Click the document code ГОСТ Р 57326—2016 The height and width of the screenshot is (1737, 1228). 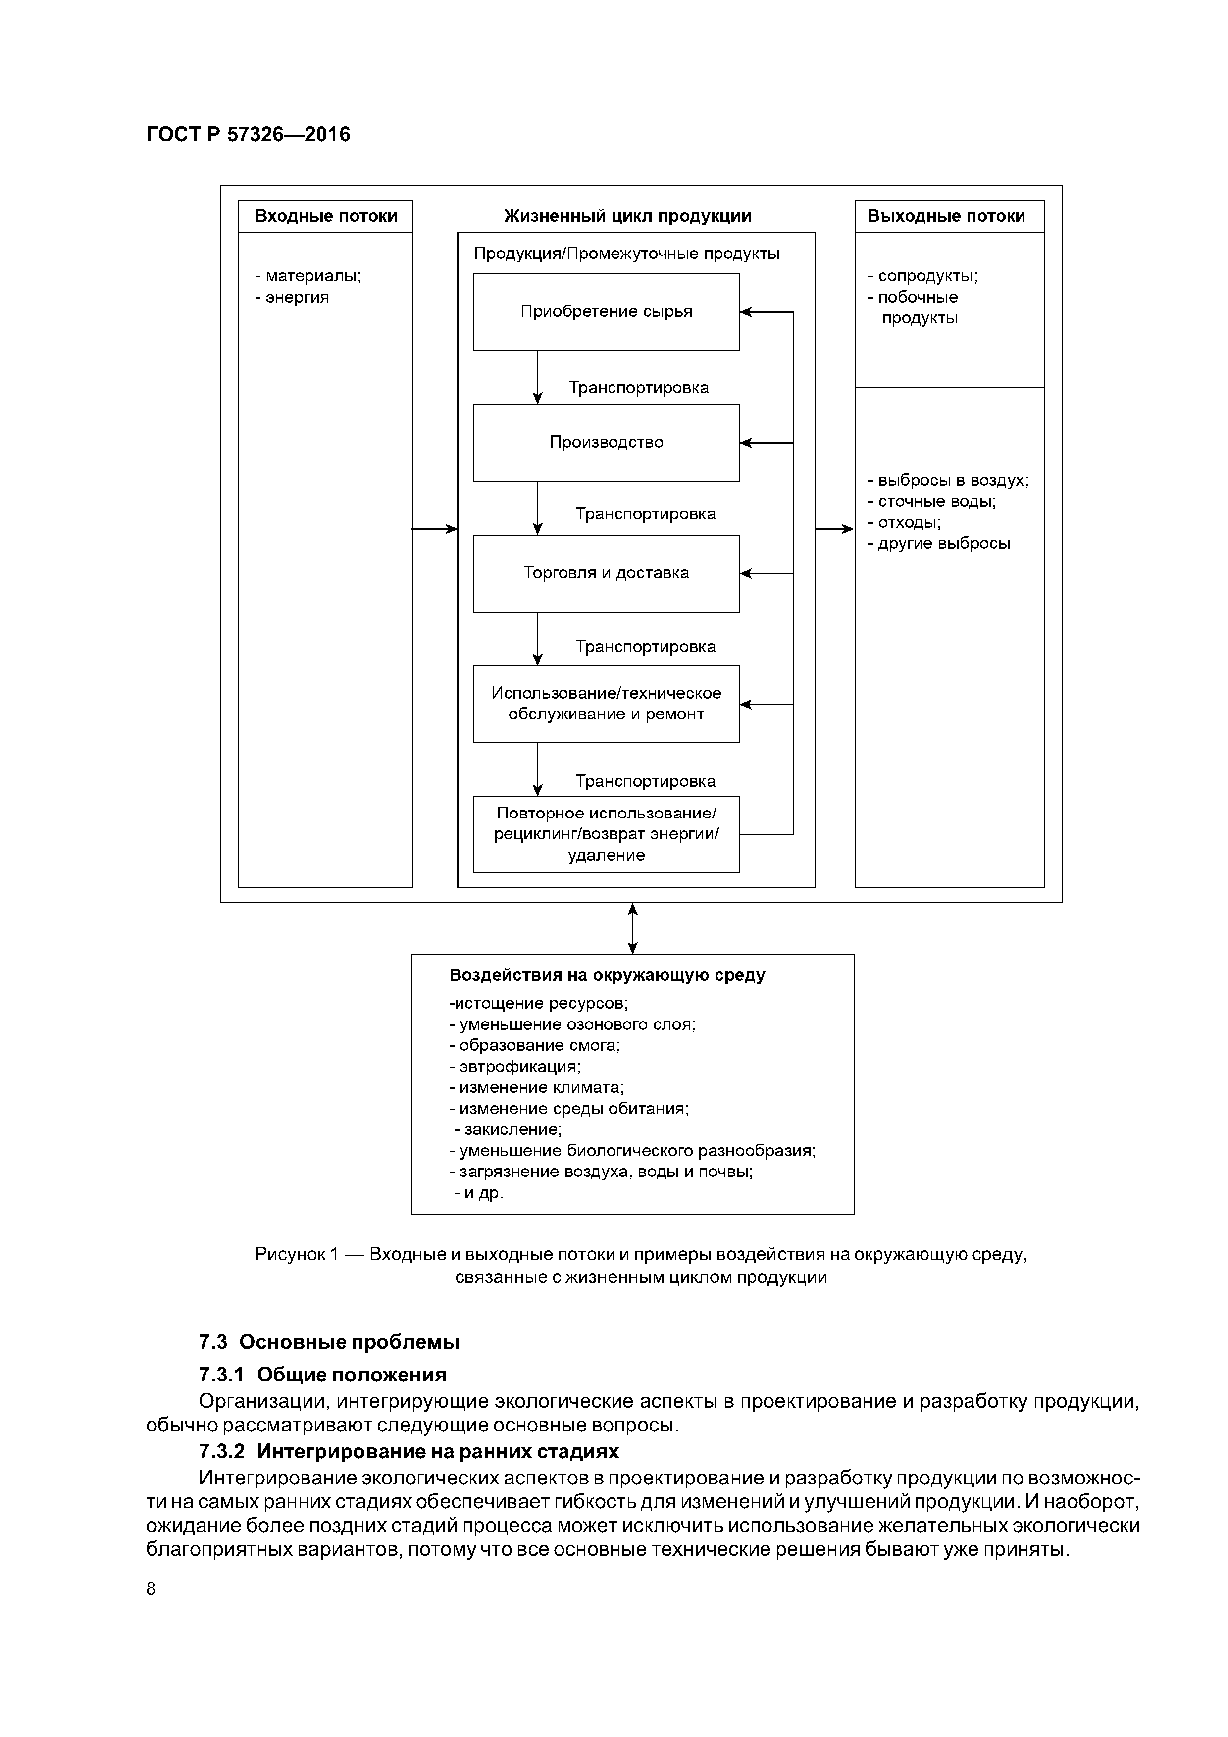[248, 135]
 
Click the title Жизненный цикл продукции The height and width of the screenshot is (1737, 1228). [627, 216]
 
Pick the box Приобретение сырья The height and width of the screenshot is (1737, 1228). [606, 311]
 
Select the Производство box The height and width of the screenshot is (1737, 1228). [606, 443]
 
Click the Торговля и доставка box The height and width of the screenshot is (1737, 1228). [606, 573]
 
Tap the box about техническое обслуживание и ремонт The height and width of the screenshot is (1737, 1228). [606, 704]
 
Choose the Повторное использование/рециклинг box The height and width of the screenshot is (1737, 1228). [606, 834]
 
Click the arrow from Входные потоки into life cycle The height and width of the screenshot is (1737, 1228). [435, 529]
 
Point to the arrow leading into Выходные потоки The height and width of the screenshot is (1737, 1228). [834, 529]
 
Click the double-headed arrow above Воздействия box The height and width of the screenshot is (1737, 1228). [632, 928]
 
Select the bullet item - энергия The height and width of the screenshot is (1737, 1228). [292, 297]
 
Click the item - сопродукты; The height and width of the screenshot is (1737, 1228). [922, 276]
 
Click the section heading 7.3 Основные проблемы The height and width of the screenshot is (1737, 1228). [329, 1342]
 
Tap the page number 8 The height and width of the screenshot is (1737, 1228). [152, 1589]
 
